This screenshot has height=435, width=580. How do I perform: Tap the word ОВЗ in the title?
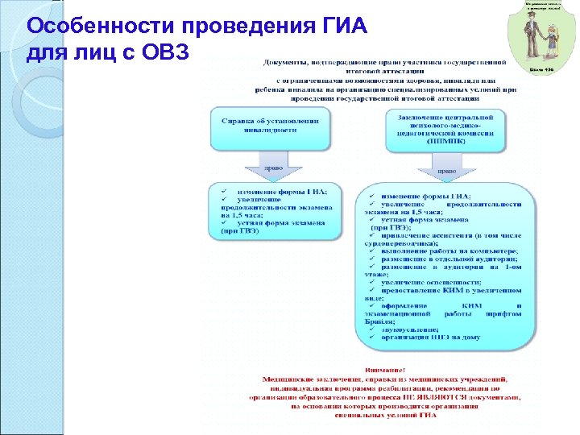point(160,52)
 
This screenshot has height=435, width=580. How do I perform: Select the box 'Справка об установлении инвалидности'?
point(270,128)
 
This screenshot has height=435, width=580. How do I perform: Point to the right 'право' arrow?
point(439,172)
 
